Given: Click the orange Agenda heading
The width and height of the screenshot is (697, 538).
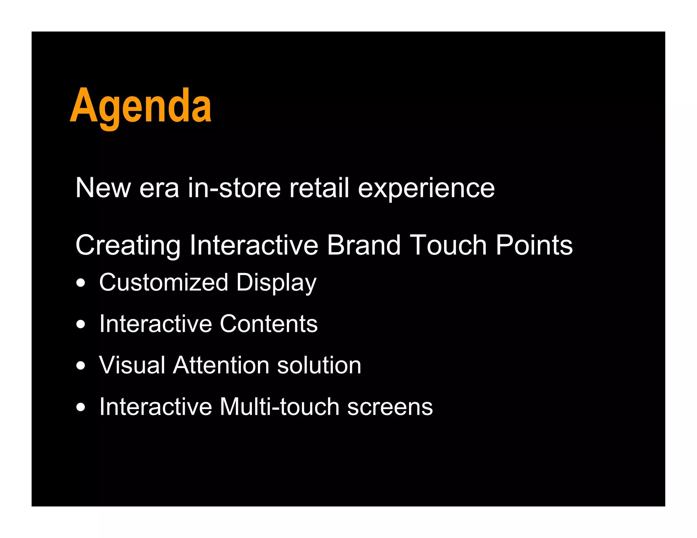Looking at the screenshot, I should click(x=141, y=106).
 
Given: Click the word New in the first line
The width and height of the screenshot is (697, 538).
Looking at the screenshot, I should click(x=103, y=188).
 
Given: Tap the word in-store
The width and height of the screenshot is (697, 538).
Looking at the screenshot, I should click(x=234, y=188).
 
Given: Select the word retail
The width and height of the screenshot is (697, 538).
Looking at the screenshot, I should click(x=319, y=188).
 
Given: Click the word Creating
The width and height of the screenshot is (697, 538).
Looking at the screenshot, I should click(x=128, y=246).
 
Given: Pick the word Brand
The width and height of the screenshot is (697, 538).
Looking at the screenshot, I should click(x=363, y=245).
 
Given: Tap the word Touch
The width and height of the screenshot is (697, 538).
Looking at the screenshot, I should click(x=448, y=245).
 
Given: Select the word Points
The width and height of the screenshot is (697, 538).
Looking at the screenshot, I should click(x=534, y=245).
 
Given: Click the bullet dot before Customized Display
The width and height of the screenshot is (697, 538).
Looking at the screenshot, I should click(x=81, y=283).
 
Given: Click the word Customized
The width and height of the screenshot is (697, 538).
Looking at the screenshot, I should click(x=163, y=282).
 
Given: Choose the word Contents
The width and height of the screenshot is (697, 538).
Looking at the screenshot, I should click(x=269, y=324).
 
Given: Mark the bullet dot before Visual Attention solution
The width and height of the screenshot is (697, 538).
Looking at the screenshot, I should click(x=81, y=366).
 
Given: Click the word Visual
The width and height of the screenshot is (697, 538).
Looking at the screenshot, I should click(x=132, y=365).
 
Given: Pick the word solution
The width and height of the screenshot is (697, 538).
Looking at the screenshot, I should click(x=319, y=365).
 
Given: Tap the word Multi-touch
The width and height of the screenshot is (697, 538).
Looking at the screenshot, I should click(x=279, y=407).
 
